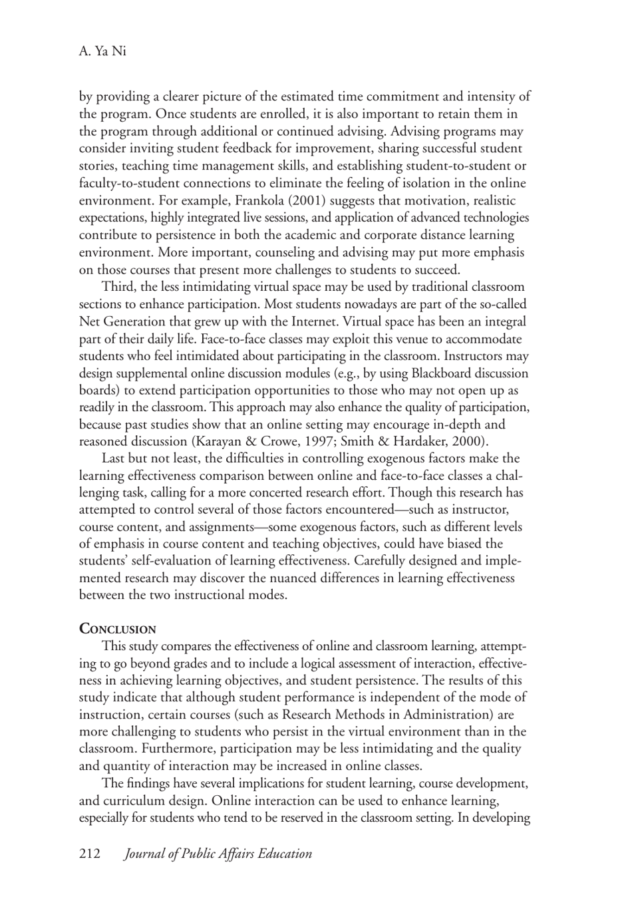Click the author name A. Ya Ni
tap(102, 51)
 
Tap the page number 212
tap(90, 854)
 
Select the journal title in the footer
tap(218, 854)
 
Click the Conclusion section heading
tap(118, 629)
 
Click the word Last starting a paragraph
tap(114, 458)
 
